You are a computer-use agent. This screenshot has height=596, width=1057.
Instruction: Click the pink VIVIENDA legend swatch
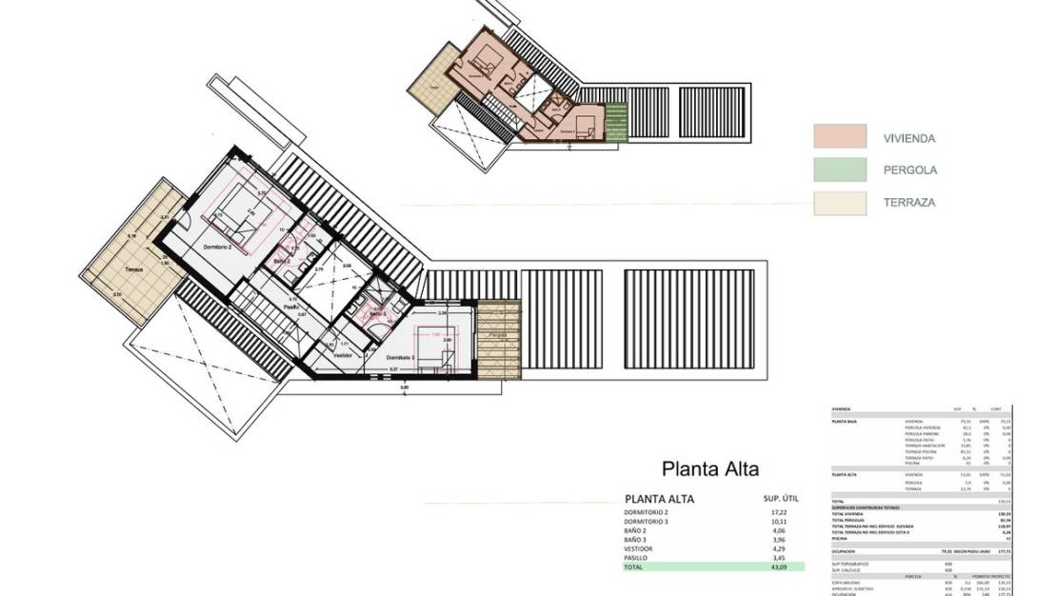click(x=839, y=137)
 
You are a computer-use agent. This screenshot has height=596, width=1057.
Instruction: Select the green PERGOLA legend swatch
click(x=839, y=170)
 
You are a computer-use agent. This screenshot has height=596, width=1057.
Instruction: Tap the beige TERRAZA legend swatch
click(x=839, y=203)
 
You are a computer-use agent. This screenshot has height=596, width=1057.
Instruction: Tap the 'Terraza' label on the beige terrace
click(x=134, y=270)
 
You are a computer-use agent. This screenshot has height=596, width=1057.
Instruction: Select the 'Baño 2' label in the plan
click(x=282, y=261)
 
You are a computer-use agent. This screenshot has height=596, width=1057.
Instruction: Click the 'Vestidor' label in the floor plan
click(x=343, y=355)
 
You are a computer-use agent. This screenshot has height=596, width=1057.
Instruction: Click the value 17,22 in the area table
click(x=780, y=512)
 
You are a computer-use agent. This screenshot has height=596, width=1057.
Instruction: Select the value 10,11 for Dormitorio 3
click(x=780, y=523)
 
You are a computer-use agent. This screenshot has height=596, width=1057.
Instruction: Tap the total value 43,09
click(x=780, y=567)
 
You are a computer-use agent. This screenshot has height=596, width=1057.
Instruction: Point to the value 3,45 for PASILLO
click(x=780, y=558)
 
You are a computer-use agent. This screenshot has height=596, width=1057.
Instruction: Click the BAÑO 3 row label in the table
click(x=638, y=540)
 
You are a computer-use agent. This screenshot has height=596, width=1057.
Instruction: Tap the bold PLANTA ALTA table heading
click(x=659, y=499)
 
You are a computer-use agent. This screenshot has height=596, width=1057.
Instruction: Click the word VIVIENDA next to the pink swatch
click(x=909, y=138)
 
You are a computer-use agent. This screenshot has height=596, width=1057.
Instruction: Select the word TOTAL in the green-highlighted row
click(x=634, y=567)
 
